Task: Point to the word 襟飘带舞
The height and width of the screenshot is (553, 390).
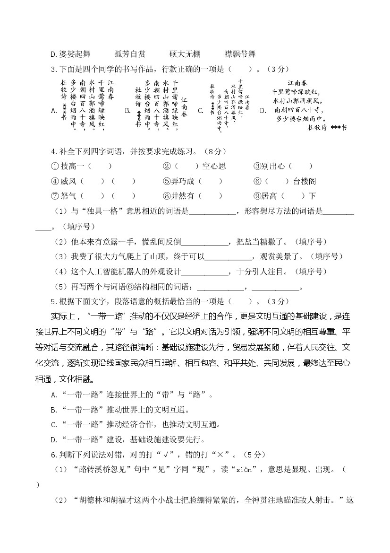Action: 240,54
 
